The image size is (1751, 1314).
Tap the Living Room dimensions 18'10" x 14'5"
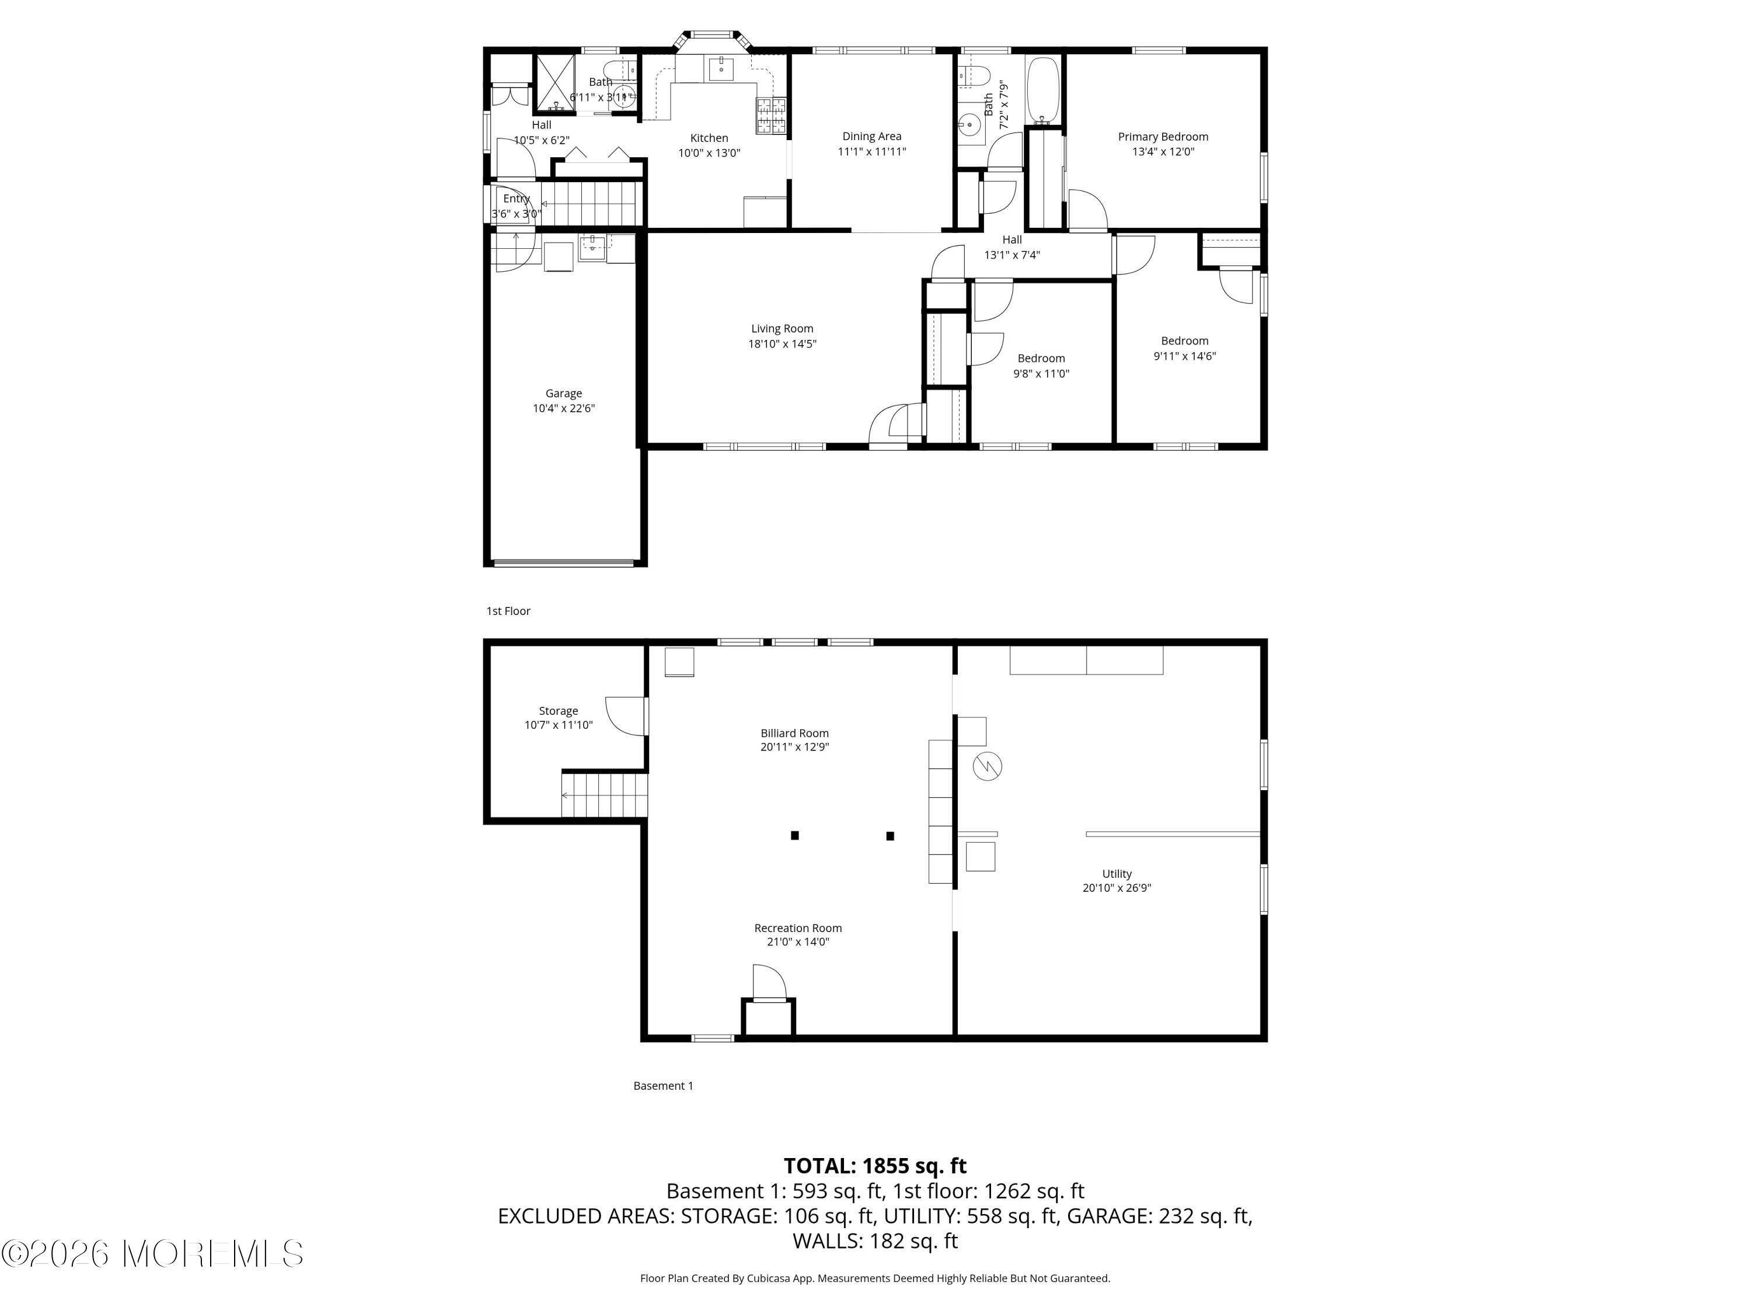782,344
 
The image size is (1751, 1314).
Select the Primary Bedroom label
1163,137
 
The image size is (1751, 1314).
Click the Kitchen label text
709,138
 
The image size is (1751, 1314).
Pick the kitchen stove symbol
772,116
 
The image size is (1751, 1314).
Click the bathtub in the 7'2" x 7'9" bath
1044,91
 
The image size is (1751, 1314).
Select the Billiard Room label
795,734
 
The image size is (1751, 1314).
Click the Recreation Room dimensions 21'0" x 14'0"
798,942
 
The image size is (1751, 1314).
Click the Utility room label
1117,874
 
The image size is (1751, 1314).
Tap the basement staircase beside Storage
605,794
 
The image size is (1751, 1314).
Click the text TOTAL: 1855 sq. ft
875,1166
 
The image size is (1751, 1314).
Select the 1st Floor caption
508,611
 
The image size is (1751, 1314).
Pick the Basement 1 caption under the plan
664,1086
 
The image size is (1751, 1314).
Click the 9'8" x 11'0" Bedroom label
1041,359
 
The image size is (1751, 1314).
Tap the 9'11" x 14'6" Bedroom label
1184,342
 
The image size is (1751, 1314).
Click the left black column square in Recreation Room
795,835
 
